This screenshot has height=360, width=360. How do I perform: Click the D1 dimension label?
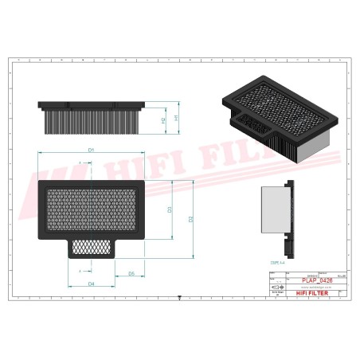point(92,149)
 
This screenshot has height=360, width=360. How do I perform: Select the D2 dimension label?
point(191,218)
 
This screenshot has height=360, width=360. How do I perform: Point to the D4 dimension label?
point(92,284)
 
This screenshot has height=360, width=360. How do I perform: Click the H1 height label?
point(176,118)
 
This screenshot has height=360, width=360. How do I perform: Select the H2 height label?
point(163,120)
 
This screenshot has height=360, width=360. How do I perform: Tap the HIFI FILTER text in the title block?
point(307,293)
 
